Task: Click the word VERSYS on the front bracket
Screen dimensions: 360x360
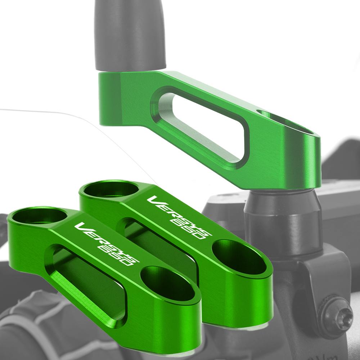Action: coord(107,244)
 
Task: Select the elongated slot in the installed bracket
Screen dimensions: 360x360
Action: coord(199,127)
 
